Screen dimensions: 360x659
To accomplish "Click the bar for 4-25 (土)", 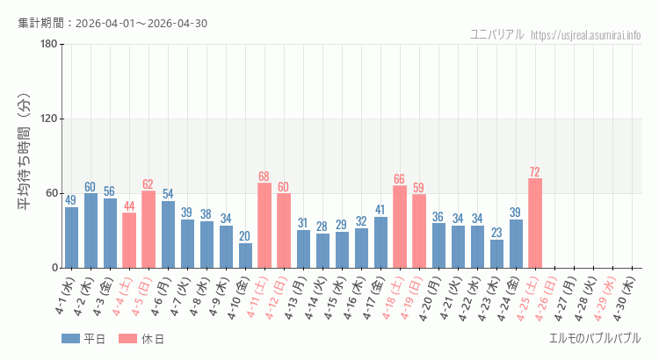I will coord(534,223).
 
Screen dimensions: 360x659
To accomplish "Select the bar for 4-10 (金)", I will coord(245,256).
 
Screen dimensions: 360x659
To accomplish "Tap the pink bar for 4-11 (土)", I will coord(264,225).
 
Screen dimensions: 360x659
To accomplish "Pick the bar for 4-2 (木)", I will coord(91,230).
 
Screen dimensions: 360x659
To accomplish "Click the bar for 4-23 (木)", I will coord(496,254).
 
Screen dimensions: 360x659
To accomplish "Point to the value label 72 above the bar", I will coord(534,171).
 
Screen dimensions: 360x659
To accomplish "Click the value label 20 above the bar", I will coord(245,236).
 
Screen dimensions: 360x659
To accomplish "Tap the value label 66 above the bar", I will coord(400,178).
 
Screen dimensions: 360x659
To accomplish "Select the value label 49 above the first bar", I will coord(71,200).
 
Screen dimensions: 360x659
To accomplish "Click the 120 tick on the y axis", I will coord(49,119).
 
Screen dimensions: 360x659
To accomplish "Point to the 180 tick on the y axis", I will coord(49,44).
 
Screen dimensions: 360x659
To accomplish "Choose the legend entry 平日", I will coord(83,339).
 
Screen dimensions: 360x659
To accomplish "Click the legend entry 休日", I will coord(141,339).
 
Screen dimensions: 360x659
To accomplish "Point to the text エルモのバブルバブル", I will coord(594,339).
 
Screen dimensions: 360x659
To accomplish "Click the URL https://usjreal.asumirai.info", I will coord(586,35).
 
